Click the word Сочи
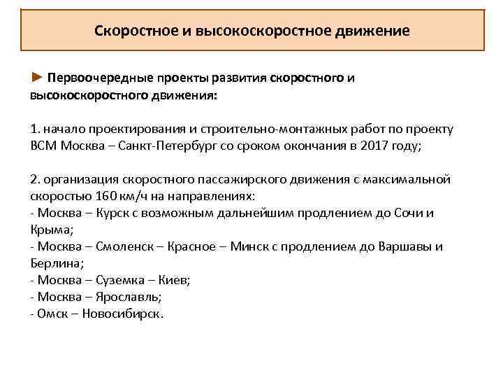(x=409, y=213)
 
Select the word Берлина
(x=56, y=262)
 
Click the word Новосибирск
(x=122, y=313)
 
